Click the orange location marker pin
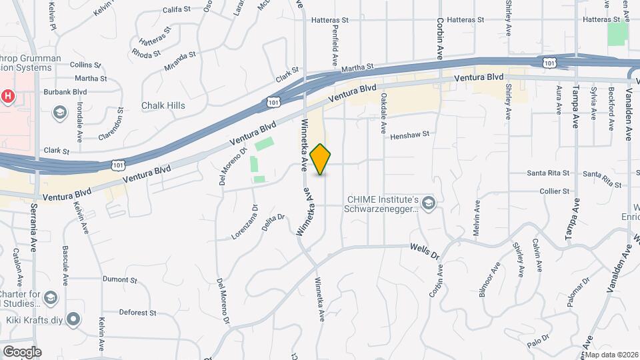pos(321,159)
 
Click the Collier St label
pos(554,191)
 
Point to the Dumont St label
pos(119,280)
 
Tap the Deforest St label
pos(137,312)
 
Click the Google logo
pos(21,351)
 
